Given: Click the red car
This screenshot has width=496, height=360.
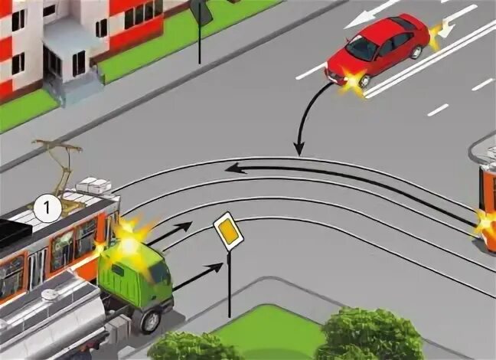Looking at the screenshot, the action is point(380,51).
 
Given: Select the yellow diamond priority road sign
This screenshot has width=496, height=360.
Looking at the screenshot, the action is point(228,232).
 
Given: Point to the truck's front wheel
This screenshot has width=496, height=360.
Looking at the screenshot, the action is point(151,318).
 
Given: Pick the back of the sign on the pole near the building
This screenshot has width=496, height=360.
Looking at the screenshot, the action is point(201,11).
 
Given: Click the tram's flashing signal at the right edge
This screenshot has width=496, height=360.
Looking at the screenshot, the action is point(485,224).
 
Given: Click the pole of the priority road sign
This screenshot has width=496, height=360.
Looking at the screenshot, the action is point(228,287).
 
